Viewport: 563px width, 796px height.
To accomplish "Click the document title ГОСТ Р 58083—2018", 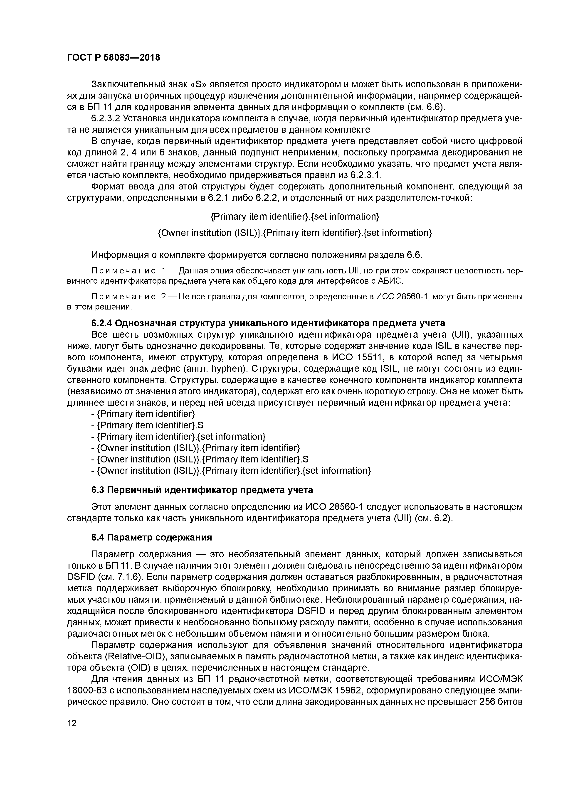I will [x=114, y=58].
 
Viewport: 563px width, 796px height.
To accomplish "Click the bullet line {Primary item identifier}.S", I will [x=147, y=425].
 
